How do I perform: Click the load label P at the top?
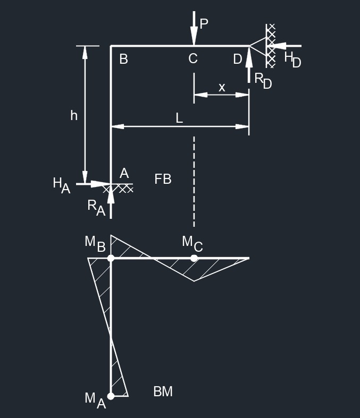click(204, 23)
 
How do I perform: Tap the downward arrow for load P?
click(194, 29)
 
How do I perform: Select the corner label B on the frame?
click(123, 59)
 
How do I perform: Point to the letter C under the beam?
click(193, 58)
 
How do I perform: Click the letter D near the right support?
click(238, 59)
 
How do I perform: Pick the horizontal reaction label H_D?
click(292, 59)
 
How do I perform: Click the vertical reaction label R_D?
click(263, 80)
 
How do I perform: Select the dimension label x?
click(222, 87)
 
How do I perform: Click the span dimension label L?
click(179, 118)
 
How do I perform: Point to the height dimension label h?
click(74, 115)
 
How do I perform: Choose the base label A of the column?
click(124, 173)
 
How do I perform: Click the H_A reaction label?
click(61, 185)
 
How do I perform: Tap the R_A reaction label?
click(96, 207)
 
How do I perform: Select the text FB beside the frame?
click(163, 179)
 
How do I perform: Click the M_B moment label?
click(95, 243)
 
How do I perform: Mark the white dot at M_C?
click(194, 258)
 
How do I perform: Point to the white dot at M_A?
click(111, 396)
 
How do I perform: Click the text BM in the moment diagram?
click(163, 391)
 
